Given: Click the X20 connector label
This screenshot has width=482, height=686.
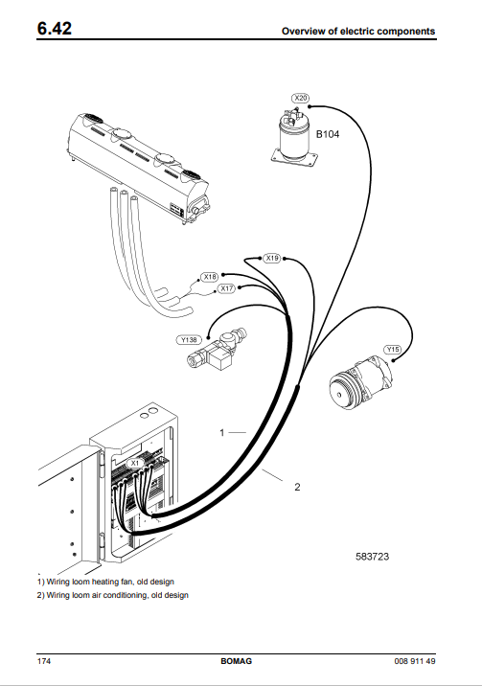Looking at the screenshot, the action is point(301,98).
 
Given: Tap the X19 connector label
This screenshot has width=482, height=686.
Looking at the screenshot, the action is point(272,258).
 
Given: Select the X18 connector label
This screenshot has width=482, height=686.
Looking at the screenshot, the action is point(210,277).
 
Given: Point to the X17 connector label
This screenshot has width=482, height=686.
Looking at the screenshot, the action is point(226,288).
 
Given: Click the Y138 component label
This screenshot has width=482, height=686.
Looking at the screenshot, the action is point(189,340).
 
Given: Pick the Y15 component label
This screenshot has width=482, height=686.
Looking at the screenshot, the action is point(393,349).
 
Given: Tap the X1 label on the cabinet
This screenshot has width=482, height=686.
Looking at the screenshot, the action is point(135,463).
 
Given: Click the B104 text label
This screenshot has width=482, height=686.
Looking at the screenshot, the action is point(328,134).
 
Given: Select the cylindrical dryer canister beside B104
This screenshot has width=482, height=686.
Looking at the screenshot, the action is point(294,138).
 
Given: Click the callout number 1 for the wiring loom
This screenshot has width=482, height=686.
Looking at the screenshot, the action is point(222,433).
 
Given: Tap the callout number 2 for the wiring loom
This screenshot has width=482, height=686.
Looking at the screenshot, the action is point(297,487).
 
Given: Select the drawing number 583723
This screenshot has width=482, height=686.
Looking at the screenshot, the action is point(372,557).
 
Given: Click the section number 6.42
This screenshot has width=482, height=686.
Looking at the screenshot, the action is point(55,29).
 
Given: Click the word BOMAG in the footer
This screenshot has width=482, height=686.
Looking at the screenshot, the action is point(236,661).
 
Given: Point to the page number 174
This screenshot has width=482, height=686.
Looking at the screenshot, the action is point(44,661).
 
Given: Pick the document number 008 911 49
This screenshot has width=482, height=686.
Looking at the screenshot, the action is point(415,661).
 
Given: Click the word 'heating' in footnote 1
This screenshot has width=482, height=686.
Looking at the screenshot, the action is point(105,582).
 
